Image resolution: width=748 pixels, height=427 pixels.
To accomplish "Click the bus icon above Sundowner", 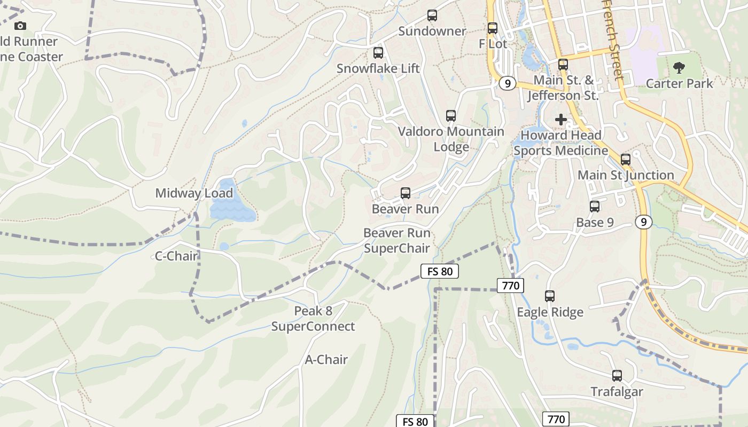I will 432,15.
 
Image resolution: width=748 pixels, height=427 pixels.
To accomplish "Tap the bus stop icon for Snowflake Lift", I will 378,53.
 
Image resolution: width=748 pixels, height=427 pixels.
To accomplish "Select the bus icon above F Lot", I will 493,28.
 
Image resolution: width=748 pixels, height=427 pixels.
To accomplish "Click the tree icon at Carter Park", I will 679,68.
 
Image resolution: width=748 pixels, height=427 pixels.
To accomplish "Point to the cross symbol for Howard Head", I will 561,120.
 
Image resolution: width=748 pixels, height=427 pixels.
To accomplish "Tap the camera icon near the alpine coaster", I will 20,26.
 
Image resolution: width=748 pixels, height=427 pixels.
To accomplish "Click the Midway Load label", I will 194,193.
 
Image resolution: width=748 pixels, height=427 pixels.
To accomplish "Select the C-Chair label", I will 176,256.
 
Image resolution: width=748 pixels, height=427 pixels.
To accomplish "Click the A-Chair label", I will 326,360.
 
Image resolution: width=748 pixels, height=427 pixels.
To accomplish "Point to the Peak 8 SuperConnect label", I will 313,319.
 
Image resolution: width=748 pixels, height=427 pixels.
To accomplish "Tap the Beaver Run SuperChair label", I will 397,241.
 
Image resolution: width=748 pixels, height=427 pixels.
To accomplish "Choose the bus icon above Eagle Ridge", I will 550,296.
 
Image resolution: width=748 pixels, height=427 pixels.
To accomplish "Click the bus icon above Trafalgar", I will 617,376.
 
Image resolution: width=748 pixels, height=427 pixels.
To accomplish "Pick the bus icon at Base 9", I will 595,207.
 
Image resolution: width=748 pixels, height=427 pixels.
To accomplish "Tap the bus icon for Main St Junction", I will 626,159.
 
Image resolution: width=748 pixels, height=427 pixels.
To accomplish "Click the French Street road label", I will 613,40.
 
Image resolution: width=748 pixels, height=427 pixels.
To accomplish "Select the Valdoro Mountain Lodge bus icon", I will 451,116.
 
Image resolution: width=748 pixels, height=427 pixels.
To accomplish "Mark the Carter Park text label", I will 679,84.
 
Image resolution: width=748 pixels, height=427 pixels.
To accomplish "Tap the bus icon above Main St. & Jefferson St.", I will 563,65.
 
